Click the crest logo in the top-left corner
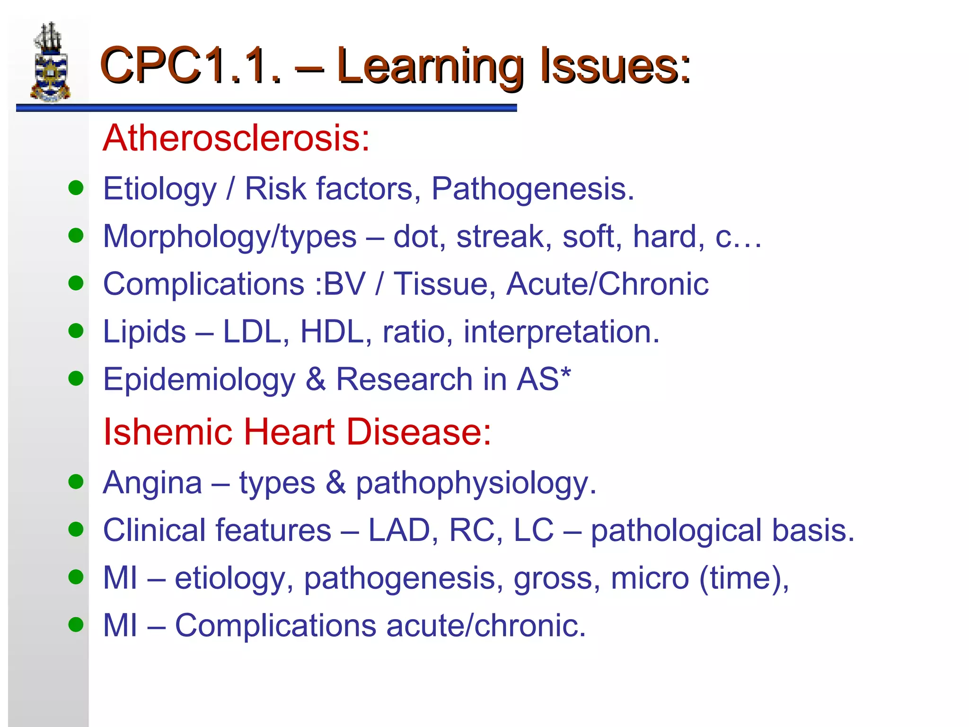(51, 62)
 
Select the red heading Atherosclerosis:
(236, 138)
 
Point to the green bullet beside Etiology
(76, 188)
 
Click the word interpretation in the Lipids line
(561, 331)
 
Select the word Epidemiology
(199, 380)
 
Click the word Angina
(152, 483)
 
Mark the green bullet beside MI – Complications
(76, 624)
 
